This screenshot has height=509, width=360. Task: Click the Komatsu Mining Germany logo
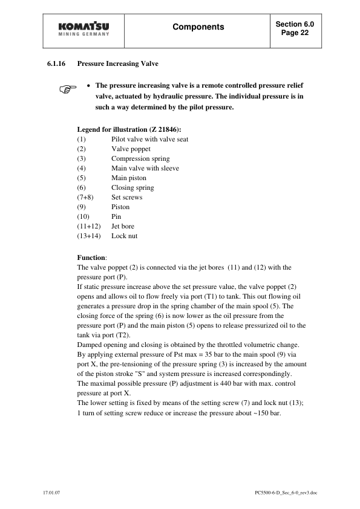coord(84,29)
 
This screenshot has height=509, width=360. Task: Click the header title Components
coord(198,27)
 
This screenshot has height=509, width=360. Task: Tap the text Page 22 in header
coord(295,34)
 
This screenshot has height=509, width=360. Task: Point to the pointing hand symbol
coord(68,91)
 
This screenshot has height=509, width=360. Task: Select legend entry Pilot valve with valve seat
coord(149,139)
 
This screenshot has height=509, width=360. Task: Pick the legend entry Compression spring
coord(140,158)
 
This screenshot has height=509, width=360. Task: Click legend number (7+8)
coord(86,197)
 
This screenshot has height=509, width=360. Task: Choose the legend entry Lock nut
coord(124,236)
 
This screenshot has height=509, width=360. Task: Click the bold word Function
coord(91,258)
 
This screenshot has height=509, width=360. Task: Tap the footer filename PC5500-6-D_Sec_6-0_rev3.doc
coord(286,493)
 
